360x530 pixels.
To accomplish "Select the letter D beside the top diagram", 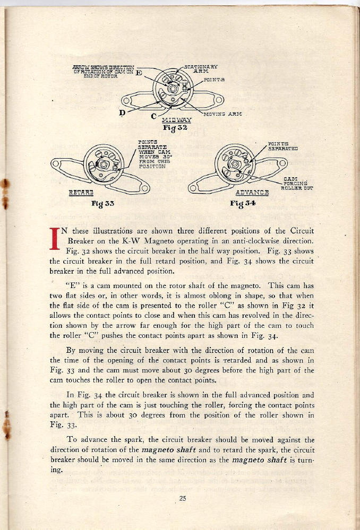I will [122, 112].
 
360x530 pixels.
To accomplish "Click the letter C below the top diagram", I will [153, 116].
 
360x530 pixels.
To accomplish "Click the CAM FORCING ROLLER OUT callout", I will [300, 183].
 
